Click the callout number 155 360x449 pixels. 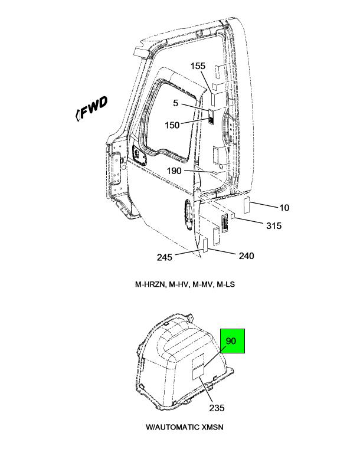coord(198,66)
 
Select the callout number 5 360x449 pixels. coord(175,103)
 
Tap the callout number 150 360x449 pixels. coord(172,125)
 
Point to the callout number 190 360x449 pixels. coord(174,171)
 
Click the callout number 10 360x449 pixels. coord(284,208)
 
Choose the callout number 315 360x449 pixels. coord(274,225)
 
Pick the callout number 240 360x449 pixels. coord(246,255)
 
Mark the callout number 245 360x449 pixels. coord(165,257)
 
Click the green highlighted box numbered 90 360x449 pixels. coord(233,341)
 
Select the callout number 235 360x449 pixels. coord(217,408)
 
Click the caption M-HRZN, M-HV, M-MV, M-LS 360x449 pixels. coord(185,284)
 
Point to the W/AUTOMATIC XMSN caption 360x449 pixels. coord(185,427)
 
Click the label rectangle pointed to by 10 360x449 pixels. coord(247,205)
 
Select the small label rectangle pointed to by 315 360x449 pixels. coord(233,215)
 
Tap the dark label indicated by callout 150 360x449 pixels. coord(211,117)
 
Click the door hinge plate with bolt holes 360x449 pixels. coord(117,170)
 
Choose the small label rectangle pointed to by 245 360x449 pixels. coord(205,245)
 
